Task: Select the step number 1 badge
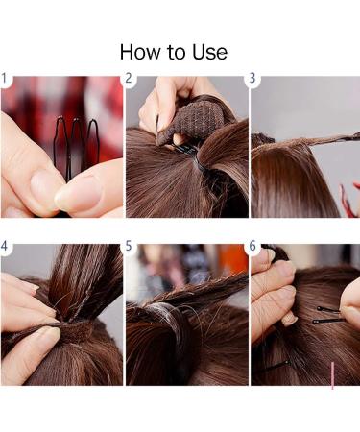tap(6, 79)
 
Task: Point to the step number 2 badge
tap(130, 79)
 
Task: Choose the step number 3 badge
tap(253, 79)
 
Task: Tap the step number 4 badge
tap(6, 246)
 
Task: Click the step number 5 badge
tap(130, 246)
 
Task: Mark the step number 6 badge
tap(253, 246)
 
